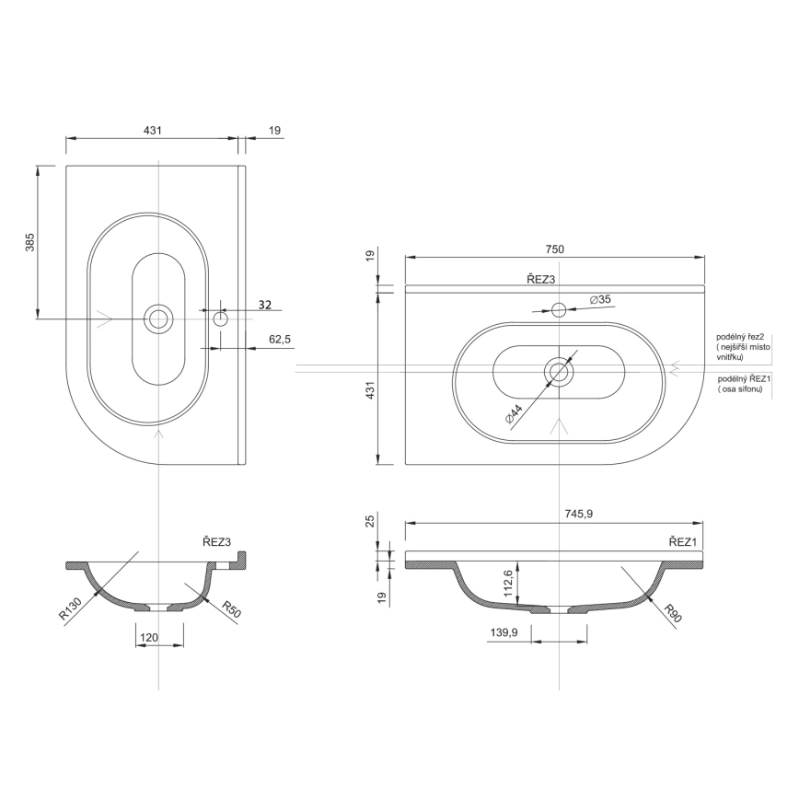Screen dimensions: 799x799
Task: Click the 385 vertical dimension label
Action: click(30, 242)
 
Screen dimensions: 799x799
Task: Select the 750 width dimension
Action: click(554, 249)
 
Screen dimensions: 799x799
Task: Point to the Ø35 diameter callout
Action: click(599, 300)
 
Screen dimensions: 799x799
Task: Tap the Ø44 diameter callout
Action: click(515, 413)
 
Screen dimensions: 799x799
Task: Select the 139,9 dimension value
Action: click(504, 633)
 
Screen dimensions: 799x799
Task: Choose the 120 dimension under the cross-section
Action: click(149, 636)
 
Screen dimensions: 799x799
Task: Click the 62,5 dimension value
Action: click(280, 340)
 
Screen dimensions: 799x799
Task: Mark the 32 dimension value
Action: click(265, 305)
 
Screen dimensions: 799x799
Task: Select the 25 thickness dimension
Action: click(370, 522)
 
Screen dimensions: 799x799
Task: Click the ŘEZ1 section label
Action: click(684, 543)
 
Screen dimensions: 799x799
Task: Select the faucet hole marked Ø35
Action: click(559, 308)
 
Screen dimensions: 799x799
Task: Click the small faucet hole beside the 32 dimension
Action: click(220, 318)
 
